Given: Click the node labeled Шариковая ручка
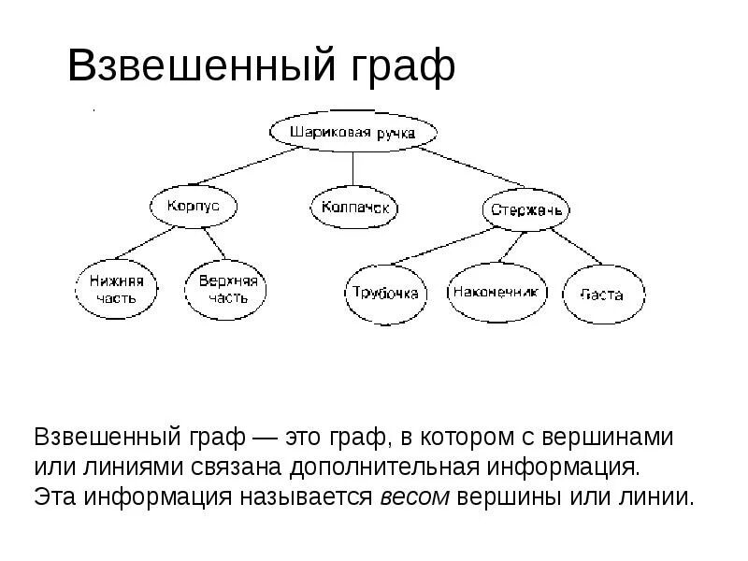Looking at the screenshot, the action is pos(352,133).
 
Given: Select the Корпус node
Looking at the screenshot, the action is pos(193,206).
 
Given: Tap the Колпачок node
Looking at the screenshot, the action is pos(353,207).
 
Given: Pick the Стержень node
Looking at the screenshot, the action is pos(526,209).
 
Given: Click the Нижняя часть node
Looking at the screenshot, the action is pos(116,289).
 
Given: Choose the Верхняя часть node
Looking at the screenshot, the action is pos(227,289).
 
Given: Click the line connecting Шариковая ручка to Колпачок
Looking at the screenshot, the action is pos(352,168).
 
